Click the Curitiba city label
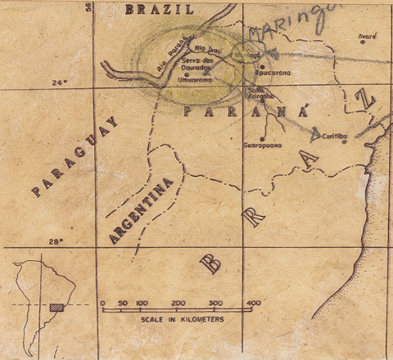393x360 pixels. [x=337, y=137]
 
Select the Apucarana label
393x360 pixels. [x=276, y=72]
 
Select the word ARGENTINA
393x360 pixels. [x=144, y=209]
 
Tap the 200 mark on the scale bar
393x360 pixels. [x=178, y=303]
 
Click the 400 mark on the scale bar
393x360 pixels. [x=252, y=303]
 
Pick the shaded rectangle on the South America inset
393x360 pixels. [x=56, y=308]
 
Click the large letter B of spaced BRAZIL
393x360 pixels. [x=210, y=262]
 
